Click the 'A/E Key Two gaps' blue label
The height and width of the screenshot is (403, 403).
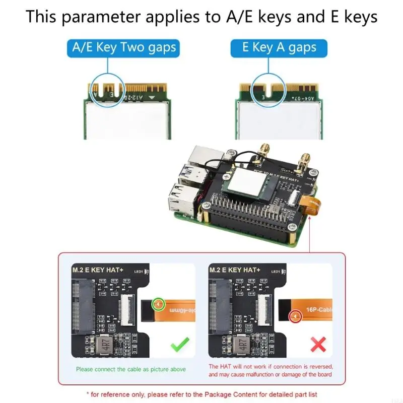(x=124, y=48)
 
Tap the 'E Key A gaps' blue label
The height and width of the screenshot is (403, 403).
(x=279, y=48)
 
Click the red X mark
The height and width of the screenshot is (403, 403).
(x=318, y=345)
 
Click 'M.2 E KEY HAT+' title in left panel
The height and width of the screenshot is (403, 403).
(x=97, y=270)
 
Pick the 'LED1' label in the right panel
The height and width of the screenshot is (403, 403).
(x=276, y=272)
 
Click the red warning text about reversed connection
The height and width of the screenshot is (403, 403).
(x=271, y=371)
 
